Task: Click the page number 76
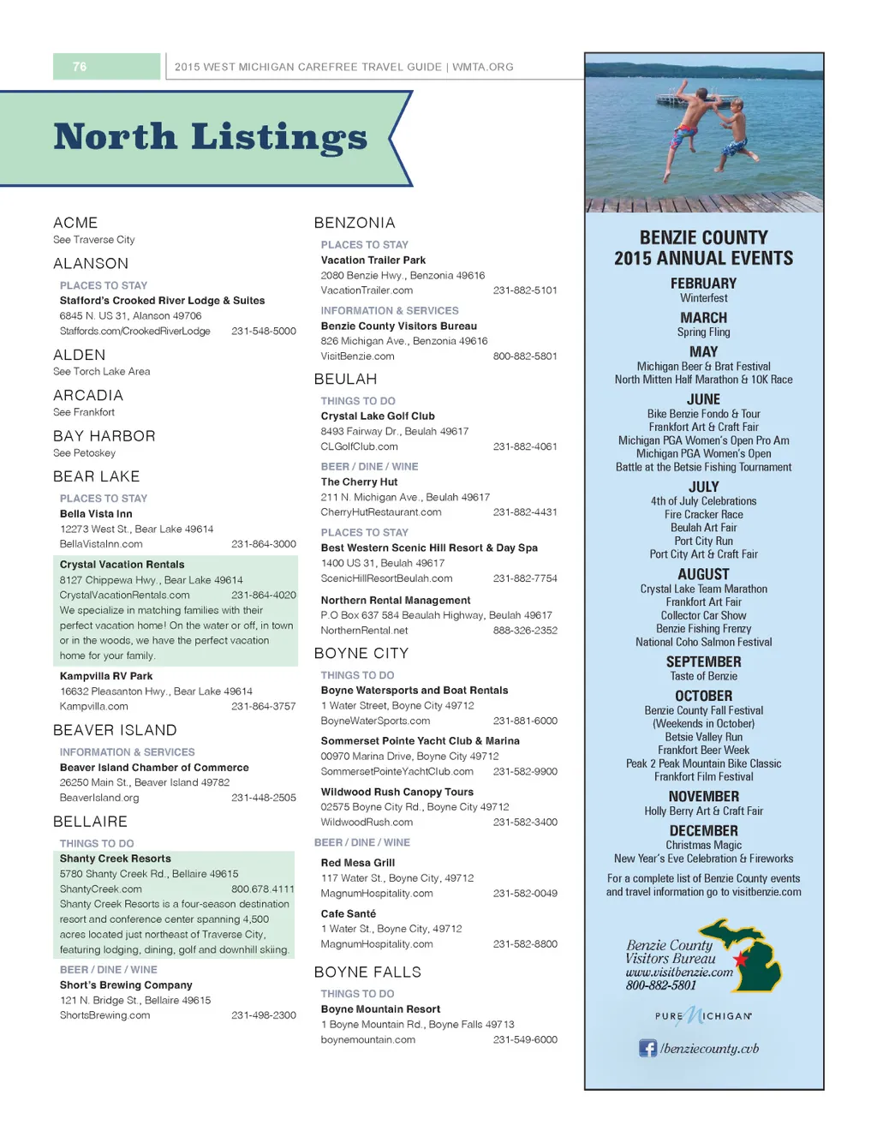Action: click(x=80, y=67)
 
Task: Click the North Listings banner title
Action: click(x=210, y=137)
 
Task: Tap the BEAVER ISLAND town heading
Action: click(x=115, y=730)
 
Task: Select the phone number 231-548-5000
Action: click(x=264, y=331)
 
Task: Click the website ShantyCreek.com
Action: click(x=101, y=889)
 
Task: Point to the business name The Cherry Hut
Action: click(x=359, y=482)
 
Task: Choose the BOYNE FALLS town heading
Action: click(x=367, y=972)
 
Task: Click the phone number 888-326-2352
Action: click(x=525, y=631)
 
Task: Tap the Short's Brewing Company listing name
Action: click(x=126, y=985)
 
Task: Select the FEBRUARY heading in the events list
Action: click(x=703, y=284)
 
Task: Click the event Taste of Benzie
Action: click(x=703, y=676)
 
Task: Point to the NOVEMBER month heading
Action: click(x=703, y=797)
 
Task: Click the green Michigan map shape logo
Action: click(x=747, y=953)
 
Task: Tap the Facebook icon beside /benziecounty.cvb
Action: click(x=648, y=1048)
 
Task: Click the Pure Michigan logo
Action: click(x=703, y=1016)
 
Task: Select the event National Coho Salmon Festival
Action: click(x=703, y=642)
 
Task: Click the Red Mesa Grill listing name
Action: click(x=358, y=863)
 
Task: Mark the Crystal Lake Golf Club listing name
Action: click(x=378, y=416)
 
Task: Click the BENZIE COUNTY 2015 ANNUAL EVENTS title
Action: click(x=703, y=248)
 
